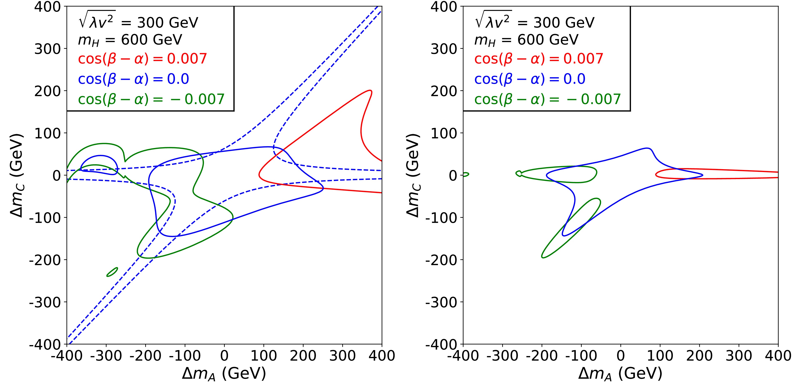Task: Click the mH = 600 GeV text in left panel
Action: pyautogui.click(x=130, y=40)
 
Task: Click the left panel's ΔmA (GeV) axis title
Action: pyautogui.click(x=224, y=374)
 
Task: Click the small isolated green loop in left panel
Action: pyautogui.click(x=112, y=272)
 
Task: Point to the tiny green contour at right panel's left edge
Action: pyautogui.click(x=466, y=175)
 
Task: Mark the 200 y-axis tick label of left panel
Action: pyautogui.click(x=47, y=91)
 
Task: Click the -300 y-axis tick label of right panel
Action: pyautogui.click(x=444, y=302)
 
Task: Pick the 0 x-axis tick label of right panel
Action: pyautogui.click(x=621, y=356)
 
